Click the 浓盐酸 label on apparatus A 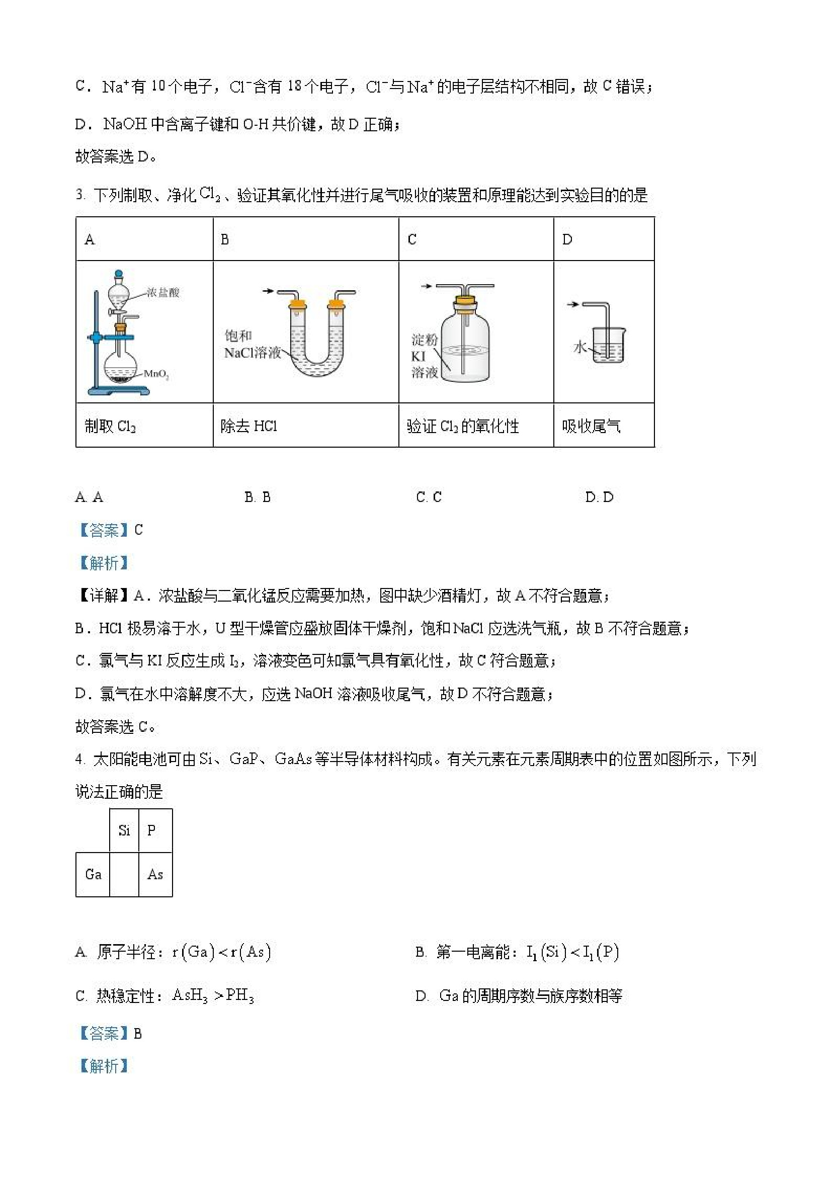point(163,293)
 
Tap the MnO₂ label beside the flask point(156,374)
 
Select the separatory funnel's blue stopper point(119,274)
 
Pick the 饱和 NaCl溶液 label point(252,345)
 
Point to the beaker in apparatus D point(609,346)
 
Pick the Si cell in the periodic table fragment point(124,830)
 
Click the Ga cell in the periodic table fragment point(93,874)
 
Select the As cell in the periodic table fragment point(155,874)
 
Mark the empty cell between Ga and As point(124,874)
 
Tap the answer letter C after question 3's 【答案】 point(138,530)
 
